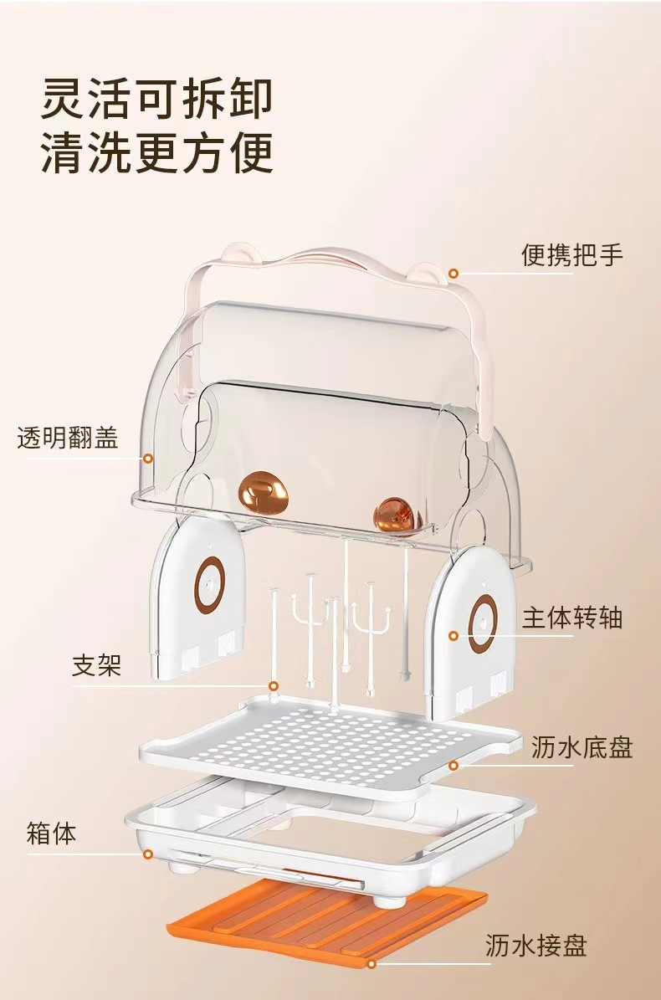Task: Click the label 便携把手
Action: coord(572,254)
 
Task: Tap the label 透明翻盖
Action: coord(68,437)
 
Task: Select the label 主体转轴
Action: coord(572,618)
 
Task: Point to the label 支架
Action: coord(96,665)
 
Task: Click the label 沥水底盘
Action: coord(582,747)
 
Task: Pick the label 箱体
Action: coord(51,833)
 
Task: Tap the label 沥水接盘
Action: coord(536,946)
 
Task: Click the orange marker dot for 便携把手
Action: coord(453,273)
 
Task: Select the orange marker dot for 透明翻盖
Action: coord(148,458)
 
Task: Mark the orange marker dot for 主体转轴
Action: coord(453,637)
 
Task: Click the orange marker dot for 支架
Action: coord(273,686)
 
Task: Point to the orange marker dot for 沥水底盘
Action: coord(453,765)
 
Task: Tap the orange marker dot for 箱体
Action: coord(148,854)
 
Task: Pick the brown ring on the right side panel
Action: coord(483,623)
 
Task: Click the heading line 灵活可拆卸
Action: coord(157,99)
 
